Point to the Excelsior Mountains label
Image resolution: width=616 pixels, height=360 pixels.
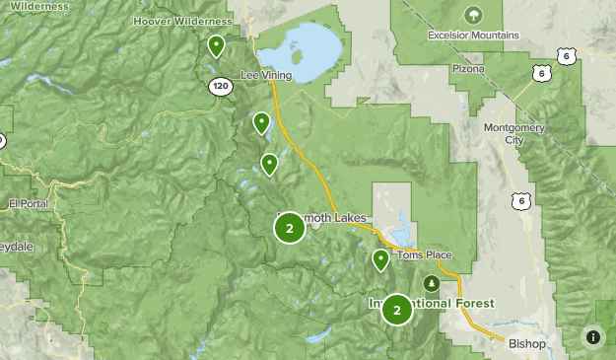pyautogui.click(x=474, y=35)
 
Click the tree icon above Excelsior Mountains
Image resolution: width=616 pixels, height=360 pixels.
pyautogui.click(x=474, y=15)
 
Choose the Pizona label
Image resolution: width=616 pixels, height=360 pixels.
pyautogui.click(x=468, y=69)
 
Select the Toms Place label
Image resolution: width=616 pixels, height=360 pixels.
pyautogui.click(x=425, y=255)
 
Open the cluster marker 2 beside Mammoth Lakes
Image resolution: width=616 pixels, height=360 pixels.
pyautogui.click(x=289, y=228)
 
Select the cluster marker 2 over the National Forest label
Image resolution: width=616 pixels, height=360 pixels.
pyautogui.click(x=396, y=310)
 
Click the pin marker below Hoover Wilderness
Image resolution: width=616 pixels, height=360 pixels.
pyautogui.click(x=216, y=44)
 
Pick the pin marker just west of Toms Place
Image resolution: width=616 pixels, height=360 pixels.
pyautogui.click(x=380, y=258)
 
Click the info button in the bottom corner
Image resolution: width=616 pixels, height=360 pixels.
pyautogui.click(x=592, y=336)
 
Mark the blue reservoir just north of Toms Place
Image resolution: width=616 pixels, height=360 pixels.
pyautogui.click(x=404, y=231)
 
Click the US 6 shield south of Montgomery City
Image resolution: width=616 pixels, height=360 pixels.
pyautogui.click(x=518, y=200)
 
